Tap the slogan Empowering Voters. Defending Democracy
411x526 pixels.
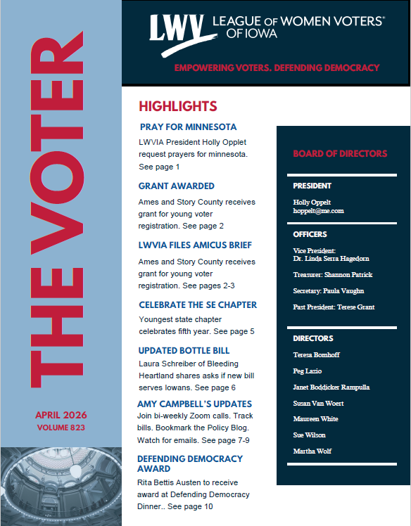pyautogui.click(x=277, y=68)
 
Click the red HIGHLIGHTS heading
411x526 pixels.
pyautogui.click(x=177, y=106)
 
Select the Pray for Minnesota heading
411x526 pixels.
pyautogui.click(x=188, y=127)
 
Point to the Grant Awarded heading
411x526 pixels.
pyautogui.click(x=177, y=186)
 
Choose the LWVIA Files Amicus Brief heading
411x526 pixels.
pyautogui.click(x=195, y=245)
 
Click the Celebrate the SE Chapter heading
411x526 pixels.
pyautogui.click(x=198, y=305)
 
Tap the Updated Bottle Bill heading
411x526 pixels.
pyautogui.click(x=184, y=350)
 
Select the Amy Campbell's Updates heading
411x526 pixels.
pyautogui.click(x=195, y=404)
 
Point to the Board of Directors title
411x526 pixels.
pyautogui.click(x=340, y=153)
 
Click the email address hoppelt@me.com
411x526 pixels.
pyautogui.click(x=318, y=211)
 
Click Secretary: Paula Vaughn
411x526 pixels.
pyautogui.click(x=328, y=290)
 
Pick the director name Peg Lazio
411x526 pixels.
pyautogui.click(x=308, y=371)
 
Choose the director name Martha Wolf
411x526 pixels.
pyautogui.click(x=312, y=451)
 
